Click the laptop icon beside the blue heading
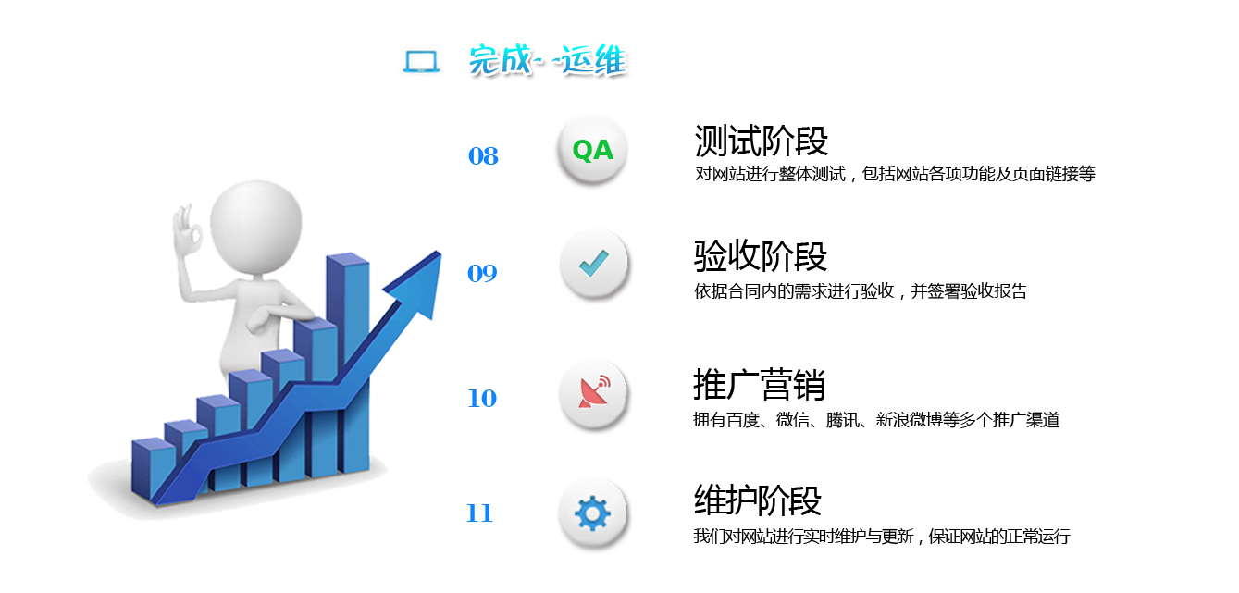pyautogui.click(x=419, y=61)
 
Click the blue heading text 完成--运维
pyautogui.click(x=549, y=61)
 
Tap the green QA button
pyautogui.click(x=592, y=150)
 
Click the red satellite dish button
pyautogui.click(x=594, y=392)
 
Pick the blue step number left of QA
pyautogui.click(x=483, y=156)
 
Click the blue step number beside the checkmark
pyautogui.click(x=483, y=273)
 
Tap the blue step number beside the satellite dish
pyautogui.click(x=483, y=399)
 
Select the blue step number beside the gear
pyautogui.click(x=479, y=513)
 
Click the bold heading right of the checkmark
pyautogui.click(x=760, y=256)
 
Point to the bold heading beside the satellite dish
pyautogui.click(x=759, y=384)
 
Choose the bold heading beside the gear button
pyautogui.click(x=758, y=500)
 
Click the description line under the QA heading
pyautogui.click(x=895, y=174)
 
